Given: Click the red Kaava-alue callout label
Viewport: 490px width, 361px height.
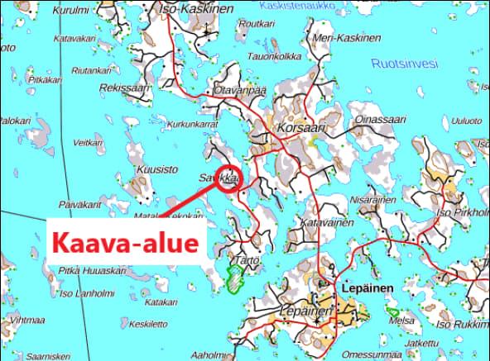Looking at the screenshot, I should pyautogui.click(x=126, y=243).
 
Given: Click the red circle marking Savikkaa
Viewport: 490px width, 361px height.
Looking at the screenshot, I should pyautogui.click(x=229, y=180).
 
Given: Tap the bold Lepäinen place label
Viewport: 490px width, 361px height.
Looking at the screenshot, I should pyautogui.click(x=366, y=287).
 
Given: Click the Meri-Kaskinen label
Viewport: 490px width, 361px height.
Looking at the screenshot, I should pyautogui.click(x=348, y=39).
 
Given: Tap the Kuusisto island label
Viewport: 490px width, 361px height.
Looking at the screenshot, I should pyautogui.click(x=156, y=169).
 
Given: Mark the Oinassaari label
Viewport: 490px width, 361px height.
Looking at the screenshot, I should pyautogui.click(x=375, y=120).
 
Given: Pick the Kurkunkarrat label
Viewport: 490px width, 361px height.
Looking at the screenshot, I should pyautogui.click(x=191, y=124).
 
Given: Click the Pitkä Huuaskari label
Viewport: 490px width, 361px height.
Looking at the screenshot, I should pyautogui.click(x=92, y=270).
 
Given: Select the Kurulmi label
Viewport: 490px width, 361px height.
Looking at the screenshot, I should pyautogui.click(x=70, y=10).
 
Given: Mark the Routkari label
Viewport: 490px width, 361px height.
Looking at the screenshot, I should pyautogui.click(x=256, y=24).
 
